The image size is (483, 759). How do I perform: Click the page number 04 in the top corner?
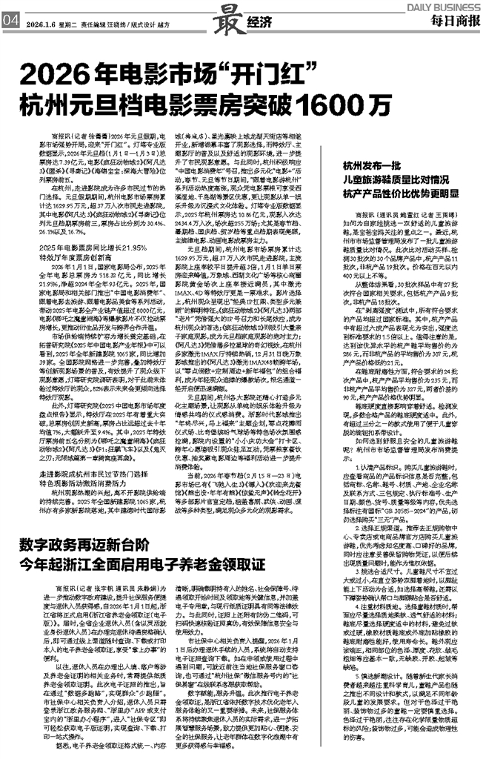[10, 22]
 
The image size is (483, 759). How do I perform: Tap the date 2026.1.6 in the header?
[39, 23]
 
